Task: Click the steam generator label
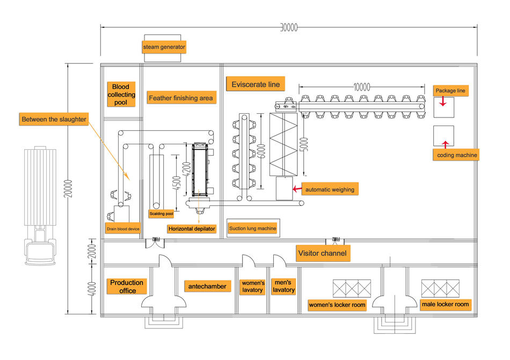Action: click(164, 47)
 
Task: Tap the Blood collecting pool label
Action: click(121, 94)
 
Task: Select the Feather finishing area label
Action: click(181, 98)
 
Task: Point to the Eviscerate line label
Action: click(256, 84)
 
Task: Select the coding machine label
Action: click(455, 155)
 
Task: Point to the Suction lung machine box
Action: click(253, 229)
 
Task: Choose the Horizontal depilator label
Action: click(192, 229)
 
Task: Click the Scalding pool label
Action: click(161, 214)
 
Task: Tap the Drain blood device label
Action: click(123, 229)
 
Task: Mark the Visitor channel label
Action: click(323, 253)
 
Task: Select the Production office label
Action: click(127, 286)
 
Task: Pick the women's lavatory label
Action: click(252, 286)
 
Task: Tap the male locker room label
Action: click(445, 304)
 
